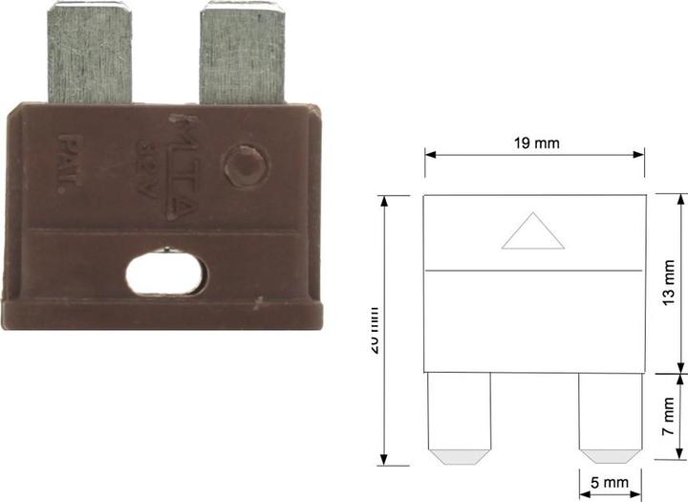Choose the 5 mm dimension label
pos(608,486)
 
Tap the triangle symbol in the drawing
pos(532,232)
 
